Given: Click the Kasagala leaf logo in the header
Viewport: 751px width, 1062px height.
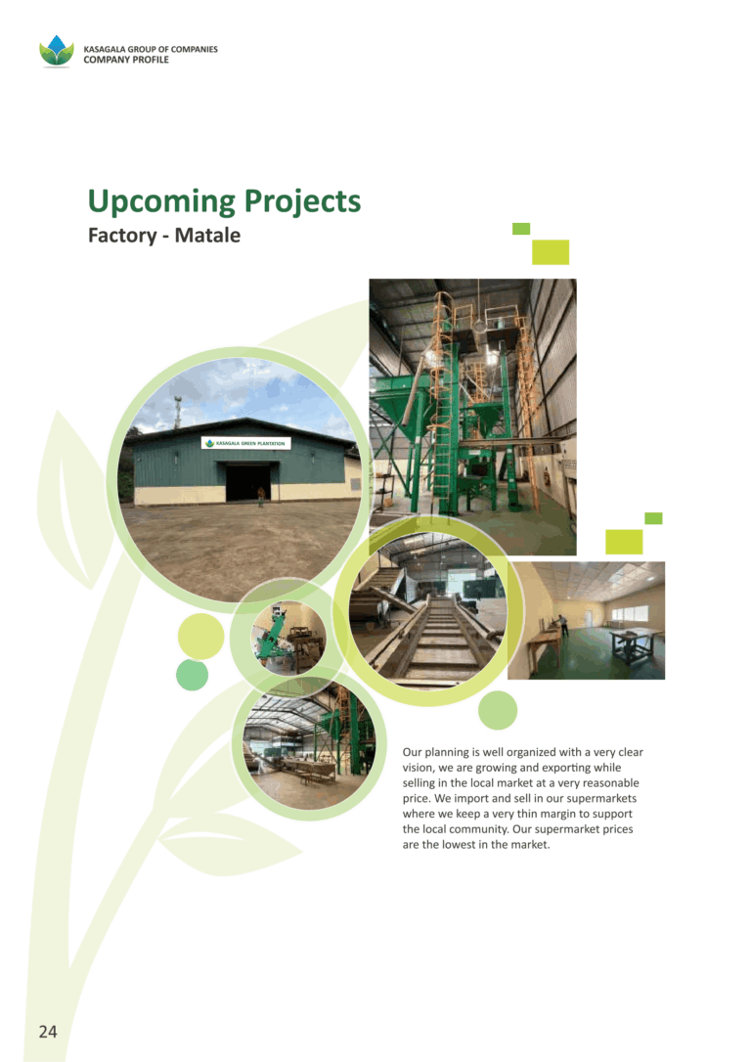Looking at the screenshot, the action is pyautogui.click(x=56, y=52).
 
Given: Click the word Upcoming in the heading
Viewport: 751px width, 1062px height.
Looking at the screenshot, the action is pyautogui.click(x=162, y=201).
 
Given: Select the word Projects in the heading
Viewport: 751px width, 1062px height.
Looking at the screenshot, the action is pyautogui.click(x=302, y=201).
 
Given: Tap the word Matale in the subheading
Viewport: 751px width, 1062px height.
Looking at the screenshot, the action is pyautogui.click(x=207, y=235).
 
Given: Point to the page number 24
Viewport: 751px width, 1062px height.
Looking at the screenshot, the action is pyautogui.click(x=48, y=1032).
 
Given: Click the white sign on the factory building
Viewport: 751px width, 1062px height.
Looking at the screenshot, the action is pyautogui.click(x=245, y=443).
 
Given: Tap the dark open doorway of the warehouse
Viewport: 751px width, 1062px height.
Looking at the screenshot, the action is pyautogui.click(x=247, y=481).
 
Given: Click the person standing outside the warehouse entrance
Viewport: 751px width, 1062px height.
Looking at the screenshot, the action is pyautogui.click(x=261, y=497).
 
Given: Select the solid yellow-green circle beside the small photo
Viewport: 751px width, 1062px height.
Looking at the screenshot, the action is pyautogui.click(x=201, y=637).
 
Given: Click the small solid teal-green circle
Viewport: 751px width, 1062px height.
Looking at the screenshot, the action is pyautogui.click(x=193, y=675).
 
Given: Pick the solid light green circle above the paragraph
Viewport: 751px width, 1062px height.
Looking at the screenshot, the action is pyautogui.click(x=498, y=711).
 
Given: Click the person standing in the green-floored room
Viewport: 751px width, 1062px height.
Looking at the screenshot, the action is pyautogui.click(x=562, y=626).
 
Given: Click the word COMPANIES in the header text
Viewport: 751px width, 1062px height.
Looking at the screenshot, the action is pyautogui.click(x=195, y=49).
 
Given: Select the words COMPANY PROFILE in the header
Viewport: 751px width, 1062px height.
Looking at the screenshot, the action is pyautogui.click(x=126, y=60).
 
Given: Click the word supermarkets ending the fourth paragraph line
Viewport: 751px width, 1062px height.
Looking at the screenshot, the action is pyautogui.click(x=601, y=798).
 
